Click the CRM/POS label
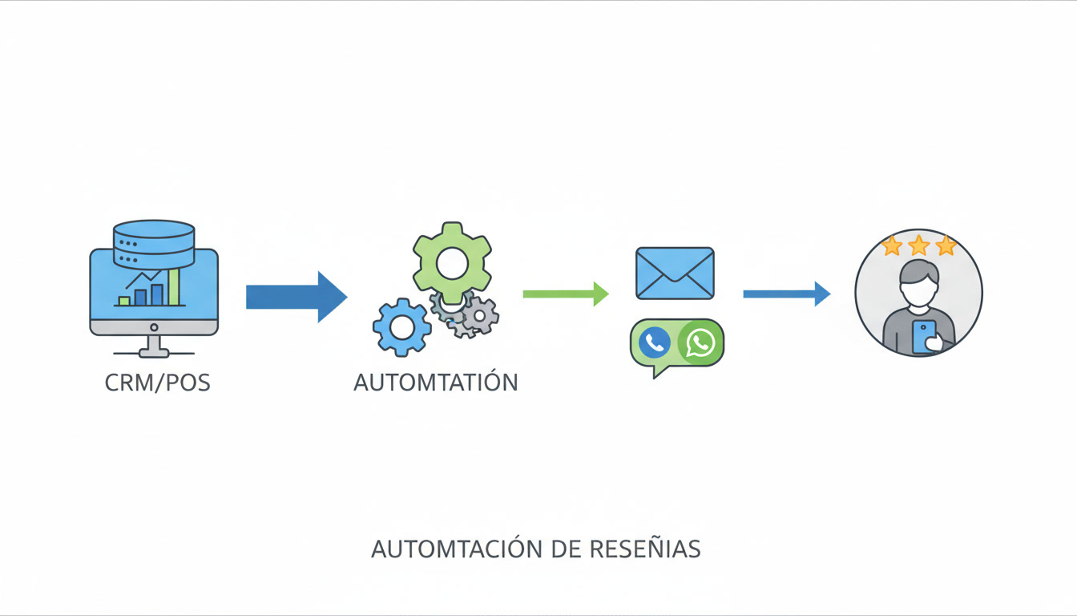pyautogui.click(x=157, y=383)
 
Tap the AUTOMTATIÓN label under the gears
pyautogui.click(x=436, y=383)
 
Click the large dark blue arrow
pyautogui.click(x=296, y=296)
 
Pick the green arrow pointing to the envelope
pyautogui.click(x=565, y=294)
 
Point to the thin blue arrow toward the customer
pyautogui.click(x=786, y=294)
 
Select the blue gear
pyautogui.click(x=401, y=326)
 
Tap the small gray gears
pyautogui.click(x=473, y=314)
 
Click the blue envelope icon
pyautogui.click(x=675, y=273)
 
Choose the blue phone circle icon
pyautogui.click(x=655, y=342)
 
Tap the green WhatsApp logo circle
pyautogui.click(x=700, y=342)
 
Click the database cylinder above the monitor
pyautogui.click(x=154, y=244)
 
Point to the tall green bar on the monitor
pyautogui.click(x=173, y=286)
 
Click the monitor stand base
pyautogui.click(x=153, y=353)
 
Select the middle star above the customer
pyautogui.click(x=918, y=245)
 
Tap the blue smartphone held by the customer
pyautogui.click(x=923, y=336)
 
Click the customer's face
pyautogui.click(x=918, y=288)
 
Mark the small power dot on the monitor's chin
pyautogui.click(x=153, y=327)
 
